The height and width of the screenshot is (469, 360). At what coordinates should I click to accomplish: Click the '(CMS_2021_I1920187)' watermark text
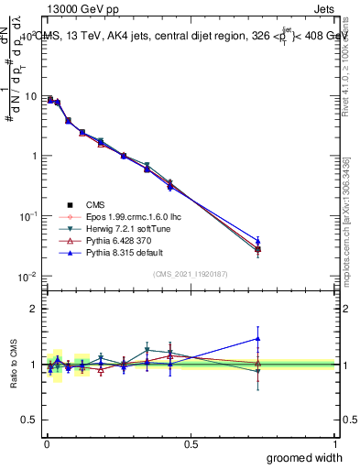click(x=191, y=274)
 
